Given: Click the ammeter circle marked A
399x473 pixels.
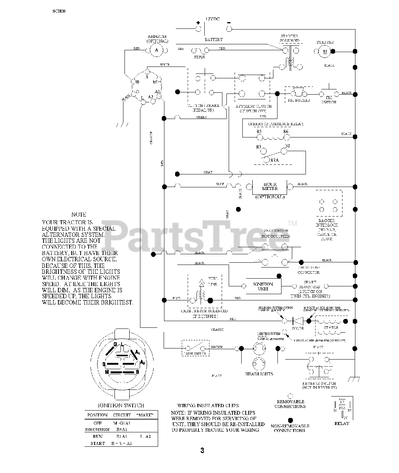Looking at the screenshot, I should click(x=156, y=50).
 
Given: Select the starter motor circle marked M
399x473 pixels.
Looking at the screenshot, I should click(x=325, y=51).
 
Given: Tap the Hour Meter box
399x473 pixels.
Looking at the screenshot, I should click(x=270, y=186).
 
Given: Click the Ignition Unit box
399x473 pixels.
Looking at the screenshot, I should click(x=263, y=286).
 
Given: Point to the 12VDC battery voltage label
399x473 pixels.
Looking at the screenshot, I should click(x=212, y=19).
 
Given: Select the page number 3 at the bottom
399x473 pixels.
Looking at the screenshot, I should click(x=202, y=450).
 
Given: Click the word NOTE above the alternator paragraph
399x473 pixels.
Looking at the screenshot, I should click(x=79, y=214).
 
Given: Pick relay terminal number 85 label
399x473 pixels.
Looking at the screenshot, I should click(x=259, y=132).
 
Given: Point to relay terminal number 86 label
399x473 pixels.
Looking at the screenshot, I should click(x=286, y=132).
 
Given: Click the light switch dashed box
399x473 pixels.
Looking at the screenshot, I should click(x=194, y=348).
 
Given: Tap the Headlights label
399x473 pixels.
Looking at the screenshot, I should click(x=259, y=374).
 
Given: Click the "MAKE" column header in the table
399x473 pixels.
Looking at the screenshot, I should click(x=145, y=415).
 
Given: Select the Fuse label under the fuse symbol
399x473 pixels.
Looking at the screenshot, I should click(x=199, y=57).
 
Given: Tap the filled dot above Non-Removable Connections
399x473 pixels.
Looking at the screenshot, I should click(x=290, y=420).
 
